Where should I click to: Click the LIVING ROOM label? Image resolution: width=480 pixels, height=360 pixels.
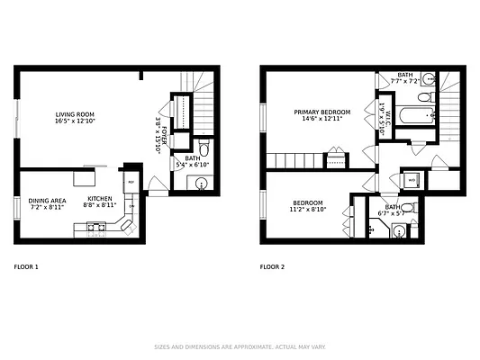pos(76,114)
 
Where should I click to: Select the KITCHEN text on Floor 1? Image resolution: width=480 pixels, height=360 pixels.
pos(99,199)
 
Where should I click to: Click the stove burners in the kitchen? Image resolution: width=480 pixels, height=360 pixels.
pos(96,229)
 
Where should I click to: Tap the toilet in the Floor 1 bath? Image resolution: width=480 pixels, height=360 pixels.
pos(204,148)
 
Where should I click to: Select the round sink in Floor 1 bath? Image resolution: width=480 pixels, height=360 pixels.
pos(200,183)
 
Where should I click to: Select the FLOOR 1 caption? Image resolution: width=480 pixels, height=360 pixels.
pos(26,266)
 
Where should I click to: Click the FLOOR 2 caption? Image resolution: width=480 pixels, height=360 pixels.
pos(272,266)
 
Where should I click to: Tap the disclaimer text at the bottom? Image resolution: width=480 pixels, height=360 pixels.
pos(240,346)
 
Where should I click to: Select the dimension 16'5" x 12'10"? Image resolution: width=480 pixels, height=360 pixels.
pos(76,121)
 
